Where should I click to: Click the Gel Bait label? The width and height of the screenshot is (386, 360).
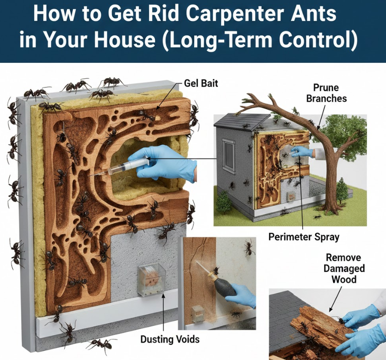201,83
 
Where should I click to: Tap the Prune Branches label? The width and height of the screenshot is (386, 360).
326,93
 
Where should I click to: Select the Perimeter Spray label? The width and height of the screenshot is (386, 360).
304,237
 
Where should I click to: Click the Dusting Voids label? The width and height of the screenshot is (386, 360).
170,339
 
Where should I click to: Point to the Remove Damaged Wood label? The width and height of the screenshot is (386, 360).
344,268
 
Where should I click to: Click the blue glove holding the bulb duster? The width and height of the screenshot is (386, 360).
242,295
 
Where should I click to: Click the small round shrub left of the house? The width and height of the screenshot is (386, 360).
225,202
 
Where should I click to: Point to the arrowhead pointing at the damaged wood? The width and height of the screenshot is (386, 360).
331,309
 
